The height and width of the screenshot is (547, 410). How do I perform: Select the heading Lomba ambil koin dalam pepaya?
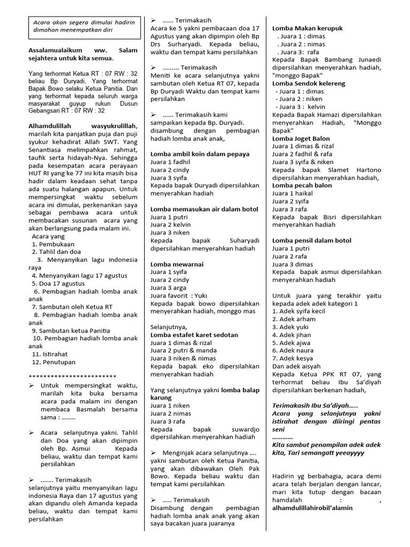tap(200, 154)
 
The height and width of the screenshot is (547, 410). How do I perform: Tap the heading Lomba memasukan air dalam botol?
tap(204, 209)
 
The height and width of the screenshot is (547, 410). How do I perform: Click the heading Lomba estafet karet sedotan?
tap(194, 334)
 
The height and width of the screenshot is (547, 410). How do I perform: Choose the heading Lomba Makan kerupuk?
tap(307, 28)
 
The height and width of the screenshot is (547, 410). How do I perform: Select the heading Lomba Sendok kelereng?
tap(309, 83)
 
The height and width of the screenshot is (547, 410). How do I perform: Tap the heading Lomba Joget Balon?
tap(301, 138)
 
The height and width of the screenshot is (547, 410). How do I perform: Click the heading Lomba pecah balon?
tap(302, 185)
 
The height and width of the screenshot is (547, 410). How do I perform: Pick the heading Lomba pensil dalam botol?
tap(312, 240)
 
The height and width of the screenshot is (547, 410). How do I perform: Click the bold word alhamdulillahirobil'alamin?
tap(312, 507)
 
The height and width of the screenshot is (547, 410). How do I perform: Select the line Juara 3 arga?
tap(168, 287)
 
